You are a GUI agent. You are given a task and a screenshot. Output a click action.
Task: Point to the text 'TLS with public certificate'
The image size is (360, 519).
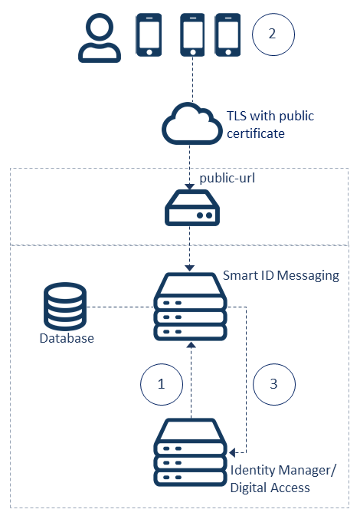(x=270, y=125)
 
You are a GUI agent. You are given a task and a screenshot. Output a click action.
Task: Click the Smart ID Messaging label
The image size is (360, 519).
(x=280, y=275)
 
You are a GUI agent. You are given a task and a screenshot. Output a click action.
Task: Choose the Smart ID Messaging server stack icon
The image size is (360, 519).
(x=191, y=307)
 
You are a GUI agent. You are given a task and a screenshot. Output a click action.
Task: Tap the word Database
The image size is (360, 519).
(x=67, y=338)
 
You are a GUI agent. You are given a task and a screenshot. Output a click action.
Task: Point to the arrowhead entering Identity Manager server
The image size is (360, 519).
(x=233, y=452)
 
